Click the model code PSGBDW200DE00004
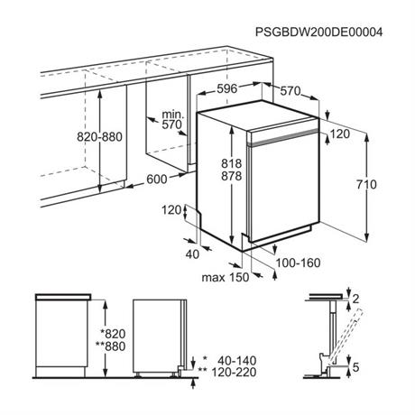tap(318, 32)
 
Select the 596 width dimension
tap(227, 88)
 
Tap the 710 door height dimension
tap(366, 184)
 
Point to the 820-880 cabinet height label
tap(99, 137)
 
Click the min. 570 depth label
tap(172, 119)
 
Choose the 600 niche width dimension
tap(157, 180)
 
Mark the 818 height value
tap(232, 163)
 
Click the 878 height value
tap(232, 176)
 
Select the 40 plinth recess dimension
tap(192, 254)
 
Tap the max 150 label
tap(226, 277)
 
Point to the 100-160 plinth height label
tap(298, 263)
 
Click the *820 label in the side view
tap(113, 334)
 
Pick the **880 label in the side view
tap(110, 346)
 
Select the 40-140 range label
tap(237, 360)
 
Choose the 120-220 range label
tap(235, 373)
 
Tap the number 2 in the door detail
tap(355, 299)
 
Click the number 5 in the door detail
tap(355, 367)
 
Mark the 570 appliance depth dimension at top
tap(290, 91)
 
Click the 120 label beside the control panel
tap(340, 134)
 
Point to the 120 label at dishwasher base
tap(171, 210)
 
